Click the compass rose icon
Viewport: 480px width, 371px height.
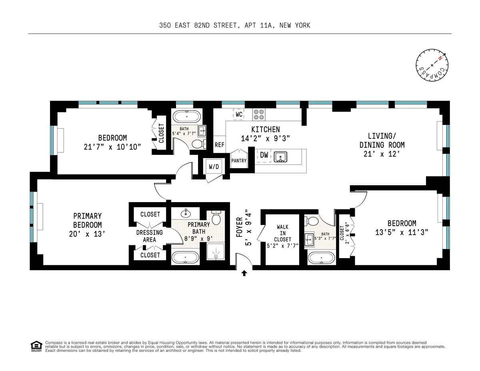point(432,65)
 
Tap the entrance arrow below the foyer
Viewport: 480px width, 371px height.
point(244,273)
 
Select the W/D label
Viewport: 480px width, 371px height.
point(214,167)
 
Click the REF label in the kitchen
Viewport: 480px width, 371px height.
point(219,145)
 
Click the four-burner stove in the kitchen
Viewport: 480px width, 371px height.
point(259,115)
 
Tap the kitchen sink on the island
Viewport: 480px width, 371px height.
point(281,156)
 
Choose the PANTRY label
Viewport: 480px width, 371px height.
point(239,161)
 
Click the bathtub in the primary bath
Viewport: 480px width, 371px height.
point(185,257)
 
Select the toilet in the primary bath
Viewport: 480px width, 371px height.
point(216,218)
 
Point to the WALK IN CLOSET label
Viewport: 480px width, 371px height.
point(282,236)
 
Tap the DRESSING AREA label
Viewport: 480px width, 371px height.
point(150,236)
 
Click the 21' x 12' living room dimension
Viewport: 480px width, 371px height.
point(382,154)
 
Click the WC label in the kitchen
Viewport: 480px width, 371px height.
point(239,114)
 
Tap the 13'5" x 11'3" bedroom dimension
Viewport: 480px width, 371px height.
point(402,233)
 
